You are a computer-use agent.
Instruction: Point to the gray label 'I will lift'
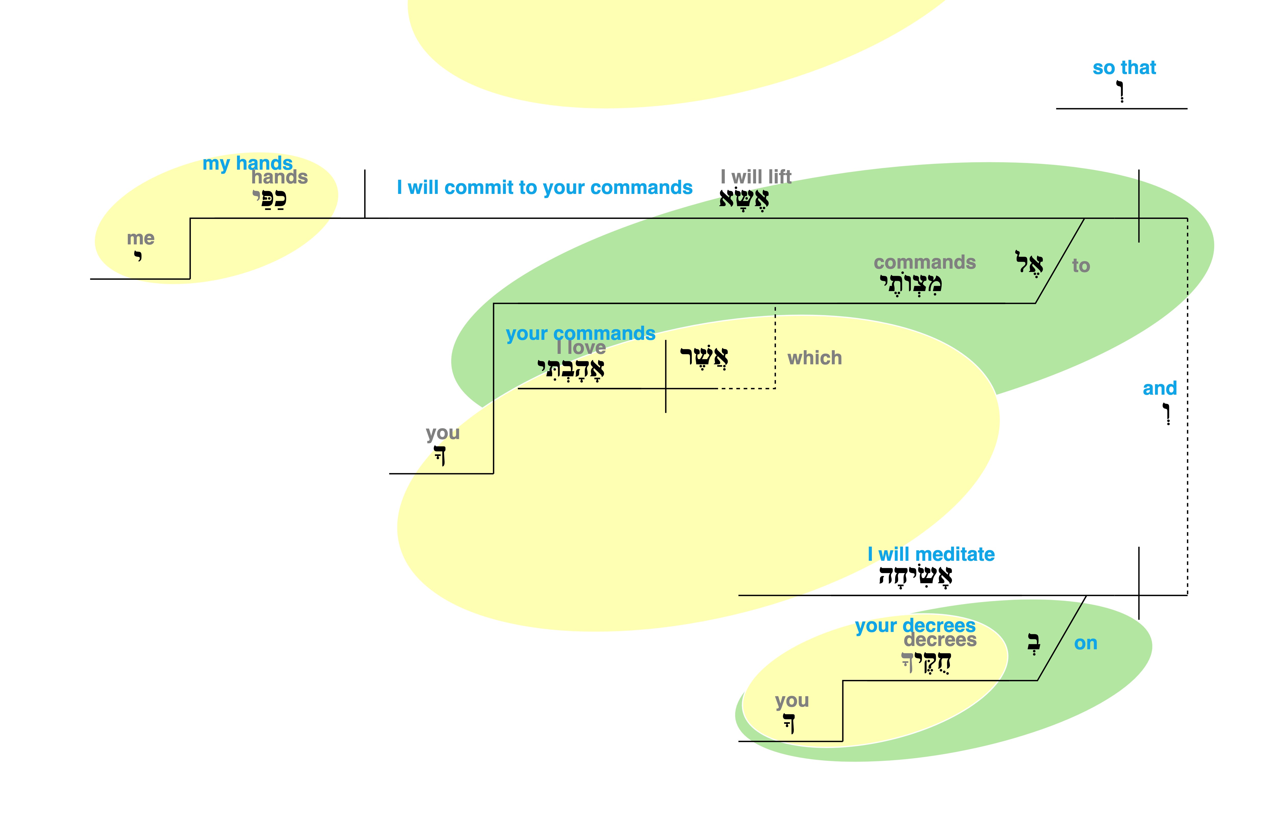point(756,176)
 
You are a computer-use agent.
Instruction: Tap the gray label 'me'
point(141,238)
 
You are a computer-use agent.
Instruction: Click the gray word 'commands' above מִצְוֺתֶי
point(924,262)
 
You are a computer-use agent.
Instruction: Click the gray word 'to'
point(1081,265)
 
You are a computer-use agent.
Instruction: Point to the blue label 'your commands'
point(580,333)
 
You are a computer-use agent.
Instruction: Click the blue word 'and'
point(1159,388)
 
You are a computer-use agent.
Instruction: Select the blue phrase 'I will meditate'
point(931,555)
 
